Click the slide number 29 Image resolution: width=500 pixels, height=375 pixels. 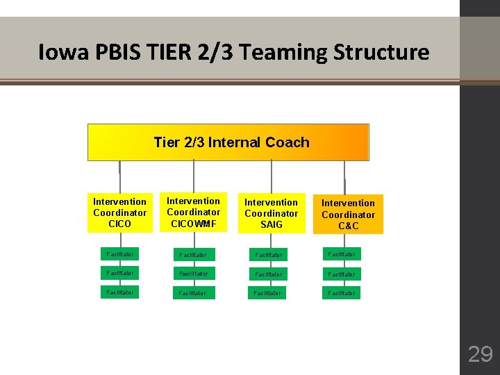[x=480, y=354]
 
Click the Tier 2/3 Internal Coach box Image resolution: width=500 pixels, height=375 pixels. [x=228, y=142]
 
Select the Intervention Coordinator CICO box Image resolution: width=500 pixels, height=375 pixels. [x=119, y=212]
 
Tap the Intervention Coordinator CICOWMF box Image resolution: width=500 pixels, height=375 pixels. [x=194, y=212]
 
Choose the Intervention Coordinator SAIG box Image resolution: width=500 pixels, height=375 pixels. [x=272, y=213]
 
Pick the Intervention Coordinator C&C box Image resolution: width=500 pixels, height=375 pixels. [x=348, y=215]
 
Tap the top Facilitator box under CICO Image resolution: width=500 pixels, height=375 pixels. [x=119, y=253]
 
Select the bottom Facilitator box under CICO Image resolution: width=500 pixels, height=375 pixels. [x=119, y=292]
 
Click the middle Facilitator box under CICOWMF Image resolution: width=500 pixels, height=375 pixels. [x=193, y=274]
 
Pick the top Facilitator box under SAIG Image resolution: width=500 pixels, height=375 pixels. [x=271, y=255]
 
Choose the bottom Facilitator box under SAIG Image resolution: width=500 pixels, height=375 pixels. [x=271, y=293]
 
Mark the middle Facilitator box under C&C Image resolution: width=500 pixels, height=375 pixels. [x=341, y=274]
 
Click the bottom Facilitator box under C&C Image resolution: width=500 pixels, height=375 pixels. [x=341, y=293]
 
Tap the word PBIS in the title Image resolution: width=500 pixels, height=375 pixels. [x=117, y=52]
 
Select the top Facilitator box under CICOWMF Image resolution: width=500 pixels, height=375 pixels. [x=193, y=255]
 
